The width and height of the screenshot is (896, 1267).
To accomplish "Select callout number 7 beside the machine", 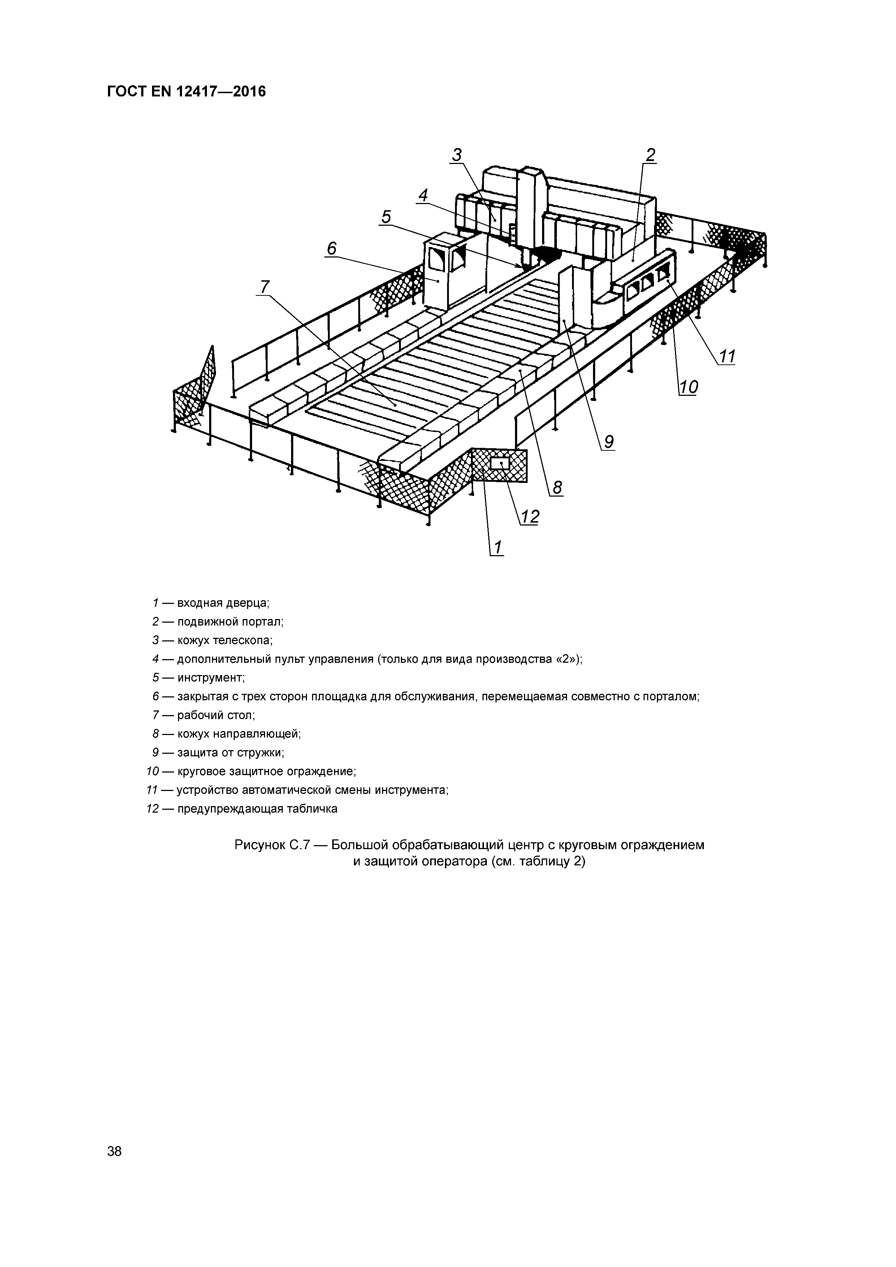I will click(265, 287).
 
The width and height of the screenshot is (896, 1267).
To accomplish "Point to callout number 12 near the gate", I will click(529, 517).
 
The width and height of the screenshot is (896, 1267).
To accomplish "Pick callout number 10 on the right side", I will click(688, 388).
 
